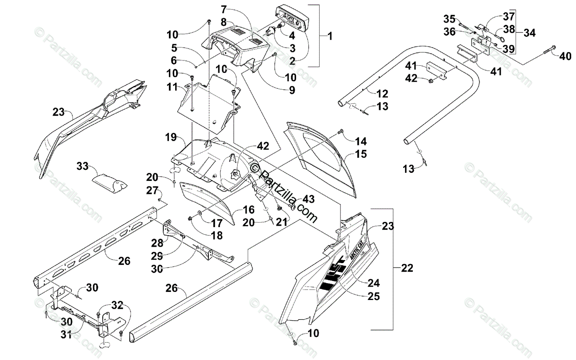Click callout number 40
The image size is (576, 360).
(x=564, y=56)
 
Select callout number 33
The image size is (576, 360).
(x=82, y=167)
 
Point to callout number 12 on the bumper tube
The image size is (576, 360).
(x=382, y=94)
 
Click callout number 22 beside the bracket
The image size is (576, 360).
(x=407, y=267)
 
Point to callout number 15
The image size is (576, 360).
(x=361, y=154)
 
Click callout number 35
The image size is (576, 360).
(x=449, y=19)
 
